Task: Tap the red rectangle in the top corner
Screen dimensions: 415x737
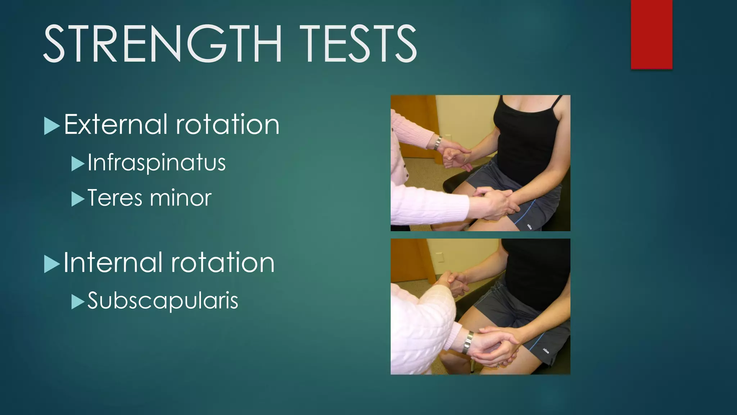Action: [651, 34]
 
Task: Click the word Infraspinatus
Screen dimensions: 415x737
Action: [157, 163]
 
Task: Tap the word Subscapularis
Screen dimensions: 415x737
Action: [163, 301]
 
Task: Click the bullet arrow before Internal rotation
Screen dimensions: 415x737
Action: [51, 264]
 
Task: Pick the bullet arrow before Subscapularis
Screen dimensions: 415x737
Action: [77, 302]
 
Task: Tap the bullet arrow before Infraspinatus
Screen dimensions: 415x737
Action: [77, 164]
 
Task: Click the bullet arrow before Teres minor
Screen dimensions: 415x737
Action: [77, 199]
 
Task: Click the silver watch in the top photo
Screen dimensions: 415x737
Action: [438, 143]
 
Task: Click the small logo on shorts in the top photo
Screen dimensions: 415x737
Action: [529, 226]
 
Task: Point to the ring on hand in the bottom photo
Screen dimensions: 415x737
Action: [498, 365]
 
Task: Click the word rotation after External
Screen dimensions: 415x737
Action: [227, 125]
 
